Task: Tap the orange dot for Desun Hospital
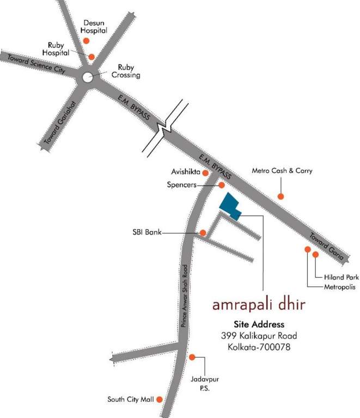pyautogui.click(x=85, y=41)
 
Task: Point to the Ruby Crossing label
pyautogui.click(x=125, y=71)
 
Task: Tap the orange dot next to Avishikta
pyautogui.click(x=205, y=173)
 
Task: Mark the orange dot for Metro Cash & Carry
pyautogui.click(x=281, y=196)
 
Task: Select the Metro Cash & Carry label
pyautogui.click(x=282, y=170)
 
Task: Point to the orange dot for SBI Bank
pyautogui.click(x=203, y=233)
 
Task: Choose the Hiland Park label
pyautogui.click(x=341, y=277)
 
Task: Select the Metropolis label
pyautogui.click(x=340, y=287)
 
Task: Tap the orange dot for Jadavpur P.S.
pyautogui.click(x=192, y=358)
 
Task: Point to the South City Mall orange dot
pyautogui.click(x=160, y=399)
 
